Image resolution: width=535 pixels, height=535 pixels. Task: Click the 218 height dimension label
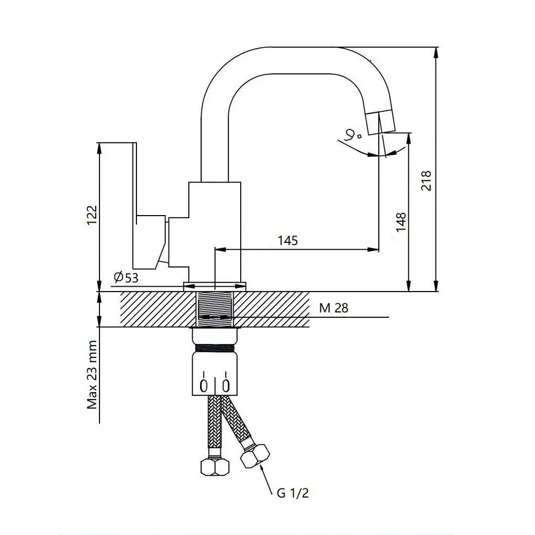(x=426, y=181)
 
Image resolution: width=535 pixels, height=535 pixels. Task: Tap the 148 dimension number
(x=401, y=222)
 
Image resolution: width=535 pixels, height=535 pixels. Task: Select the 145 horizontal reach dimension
(x=288, y=240)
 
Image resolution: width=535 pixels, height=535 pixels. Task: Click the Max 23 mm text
(x=93, y=374)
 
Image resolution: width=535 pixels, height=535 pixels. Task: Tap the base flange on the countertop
(x=215, y=286)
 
